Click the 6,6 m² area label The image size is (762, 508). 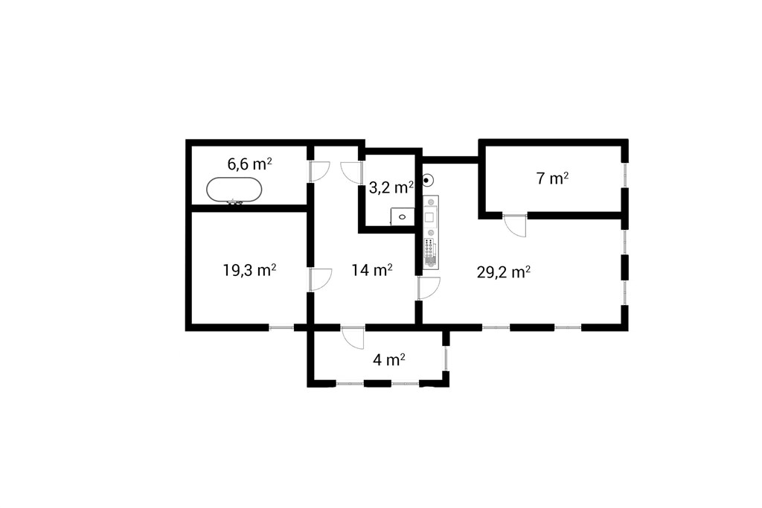pos(249,164)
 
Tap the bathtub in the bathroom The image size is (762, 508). pos(234,190)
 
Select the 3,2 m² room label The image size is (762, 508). pos(391,187)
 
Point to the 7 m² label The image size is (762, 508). pos(553,179)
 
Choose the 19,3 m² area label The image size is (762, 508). pos(250,269)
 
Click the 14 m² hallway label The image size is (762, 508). pos(372,269)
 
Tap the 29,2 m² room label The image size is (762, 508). pos(504,272)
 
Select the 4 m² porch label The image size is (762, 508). pos(389,360)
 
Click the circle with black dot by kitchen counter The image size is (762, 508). pos(426,181)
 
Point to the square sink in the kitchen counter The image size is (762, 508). pos(429,217)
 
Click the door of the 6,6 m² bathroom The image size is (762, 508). pos(320,171)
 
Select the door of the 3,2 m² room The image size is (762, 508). pos(352,172)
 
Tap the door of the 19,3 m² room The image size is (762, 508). pos(320,279)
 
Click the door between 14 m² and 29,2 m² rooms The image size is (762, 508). pos(429,288)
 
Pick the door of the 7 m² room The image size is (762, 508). pos(515,225)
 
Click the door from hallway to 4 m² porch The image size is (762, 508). pos(353,338)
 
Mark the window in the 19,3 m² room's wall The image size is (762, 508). pos(281,328)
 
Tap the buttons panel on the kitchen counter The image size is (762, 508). pos(429,249)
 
